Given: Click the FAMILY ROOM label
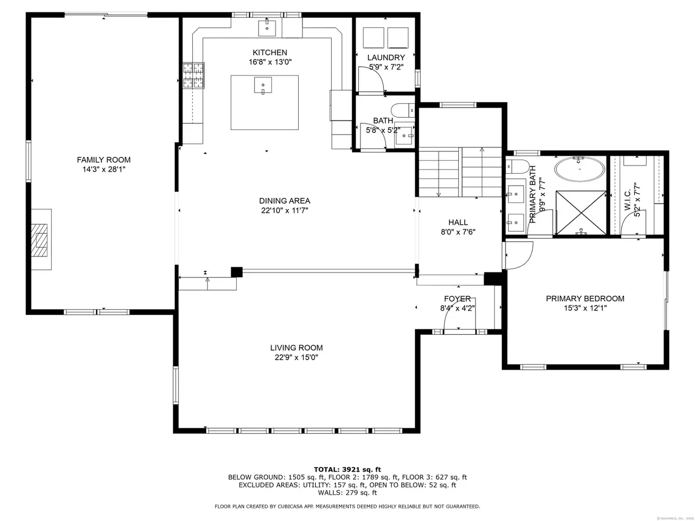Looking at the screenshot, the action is pyautogui.click(x=104, y=160).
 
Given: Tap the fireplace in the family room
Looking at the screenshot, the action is pyautogui.click(x=41, y=239).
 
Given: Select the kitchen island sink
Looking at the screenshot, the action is pyautogui.click(x=263, y=86).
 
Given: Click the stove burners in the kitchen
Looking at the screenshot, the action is pyautogui.click(x=193, y=75).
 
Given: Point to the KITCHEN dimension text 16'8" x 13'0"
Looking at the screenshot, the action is pyautogui.click(x=270, y=62).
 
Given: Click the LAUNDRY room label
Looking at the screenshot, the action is pyautogui.click(x=386, y=58).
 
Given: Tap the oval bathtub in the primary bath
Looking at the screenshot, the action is pyautogui.click(x=579, y=169).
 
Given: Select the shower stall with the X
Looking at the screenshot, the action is pyautogui.click(x=581, y=213).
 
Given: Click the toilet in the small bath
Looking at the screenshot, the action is pyautogui.click(x=403, y=110).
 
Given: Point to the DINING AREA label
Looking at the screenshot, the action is pyautogui.click(x=285, y=201).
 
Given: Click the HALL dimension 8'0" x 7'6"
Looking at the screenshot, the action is pyautogui.click(x=458, y=232).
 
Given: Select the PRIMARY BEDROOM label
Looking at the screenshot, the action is pyautogui.click(x=585, y=298).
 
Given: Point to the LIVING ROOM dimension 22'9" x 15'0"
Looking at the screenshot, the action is pyautogui.click(x=296, y=358).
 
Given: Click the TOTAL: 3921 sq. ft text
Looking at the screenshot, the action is pyautogui.click(x=347, y=469).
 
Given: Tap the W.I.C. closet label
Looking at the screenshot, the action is pyautogui.click(x=628, y=200).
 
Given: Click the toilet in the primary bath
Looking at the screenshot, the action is pyautogui.click(x=517, y=167).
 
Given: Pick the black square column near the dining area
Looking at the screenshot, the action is pyautogui.click(x=237, y=272).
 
